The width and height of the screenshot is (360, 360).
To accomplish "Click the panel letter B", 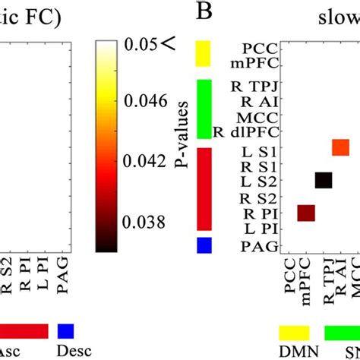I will click(x=203, y=13).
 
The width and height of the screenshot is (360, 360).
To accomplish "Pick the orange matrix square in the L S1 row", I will click(x=340, y=147).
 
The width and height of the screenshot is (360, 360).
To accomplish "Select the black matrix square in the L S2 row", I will click(x=324, y=180).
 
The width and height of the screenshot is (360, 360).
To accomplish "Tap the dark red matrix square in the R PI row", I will click(x=306, y=213).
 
